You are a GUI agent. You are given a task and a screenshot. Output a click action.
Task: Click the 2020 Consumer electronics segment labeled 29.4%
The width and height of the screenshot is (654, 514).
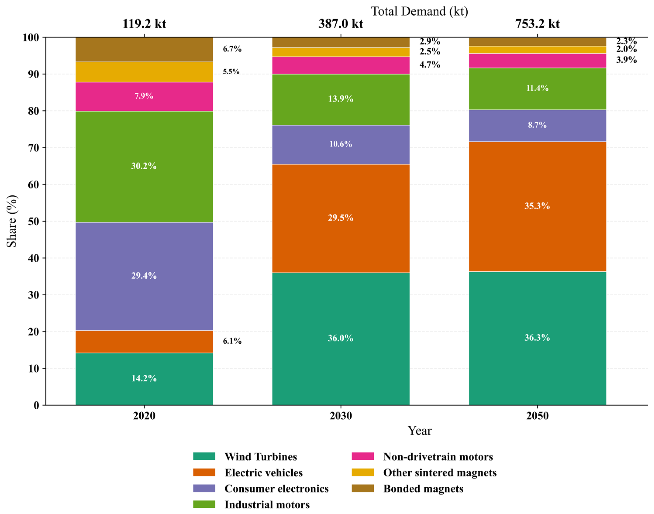[x=144, y=276]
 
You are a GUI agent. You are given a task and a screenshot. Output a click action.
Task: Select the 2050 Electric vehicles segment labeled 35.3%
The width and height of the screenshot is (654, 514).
[x=537, y=206]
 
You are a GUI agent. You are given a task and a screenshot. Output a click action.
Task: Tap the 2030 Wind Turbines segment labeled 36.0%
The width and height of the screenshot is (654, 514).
[x=341, y=339]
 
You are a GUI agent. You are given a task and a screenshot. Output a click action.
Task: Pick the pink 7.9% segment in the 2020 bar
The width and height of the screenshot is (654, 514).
[x=144, y=97]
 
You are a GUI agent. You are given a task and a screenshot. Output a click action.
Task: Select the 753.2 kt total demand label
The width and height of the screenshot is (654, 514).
[x=537, y=24]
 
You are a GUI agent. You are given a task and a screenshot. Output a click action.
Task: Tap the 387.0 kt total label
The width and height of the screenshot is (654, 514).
[x=341, y=24]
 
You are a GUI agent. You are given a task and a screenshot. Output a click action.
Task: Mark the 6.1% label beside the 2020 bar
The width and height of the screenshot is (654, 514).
[x=232, y=341]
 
